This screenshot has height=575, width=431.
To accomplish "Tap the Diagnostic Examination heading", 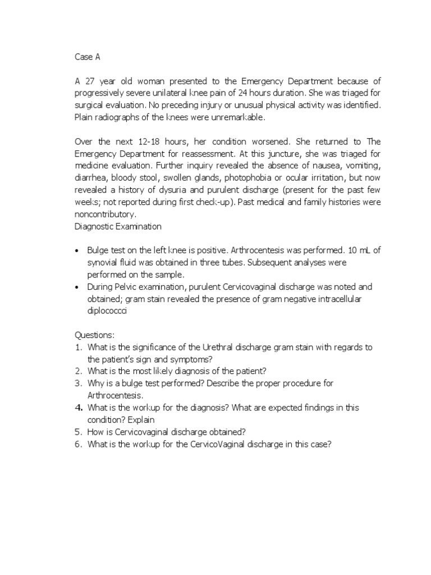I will pos(118,226).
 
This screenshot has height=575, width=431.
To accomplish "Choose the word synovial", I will pos(103,262).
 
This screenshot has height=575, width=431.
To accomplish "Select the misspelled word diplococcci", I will pos(107,311).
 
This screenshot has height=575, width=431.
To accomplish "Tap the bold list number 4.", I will pos(79,408).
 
